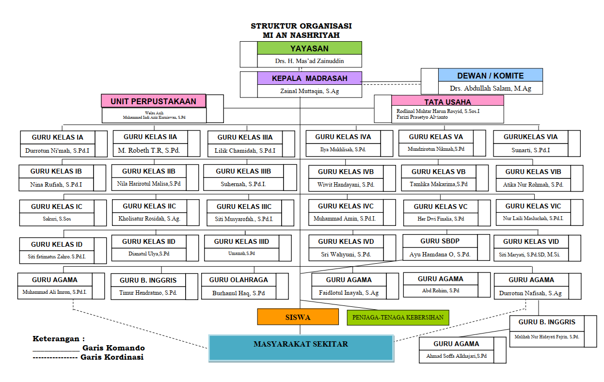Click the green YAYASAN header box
click(309, 48)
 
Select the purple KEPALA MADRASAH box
click(309, 78)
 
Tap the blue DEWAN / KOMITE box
click(490, 75)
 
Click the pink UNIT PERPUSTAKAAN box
click(153, 101)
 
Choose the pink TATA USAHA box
click(447, 101)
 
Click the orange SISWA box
click(298, 317)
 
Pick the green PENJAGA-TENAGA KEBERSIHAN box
click(398, 318)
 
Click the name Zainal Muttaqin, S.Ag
click(309, 91)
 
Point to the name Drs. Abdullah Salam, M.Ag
click(490, 89)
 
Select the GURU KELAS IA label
click(57, 137)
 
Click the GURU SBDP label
click(440, 241)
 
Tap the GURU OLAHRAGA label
click(238, 280)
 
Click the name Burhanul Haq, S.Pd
click(238, 293)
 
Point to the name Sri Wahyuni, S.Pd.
click(346, 254)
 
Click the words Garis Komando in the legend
click(113, 348)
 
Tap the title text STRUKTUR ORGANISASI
click(301, 26)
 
